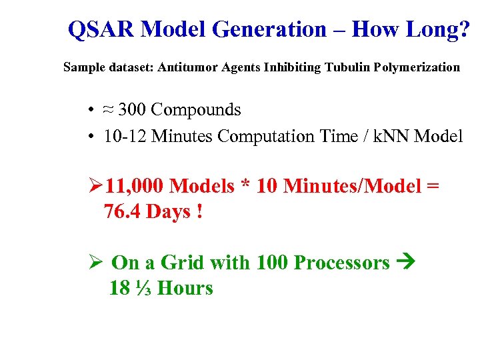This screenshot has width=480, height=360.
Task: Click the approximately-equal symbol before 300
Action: [x=109, y=110]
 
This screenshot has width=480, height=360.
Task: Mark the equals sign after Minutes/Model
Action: [x=432, y=186]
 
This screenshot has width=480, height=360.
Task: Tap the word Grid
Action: [x=182, y=263]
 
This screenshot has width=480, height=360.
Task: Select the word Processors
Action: [x=341, y=263]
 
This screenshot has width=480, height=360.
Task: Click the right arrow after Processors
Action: [x=405, y=263]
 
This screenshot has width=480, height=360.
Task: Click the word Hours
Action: [x=185, y=288]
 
